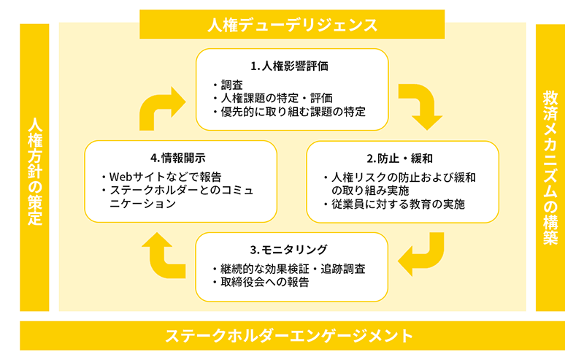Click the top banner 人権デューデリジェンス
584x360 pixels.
click(x=291, y=25)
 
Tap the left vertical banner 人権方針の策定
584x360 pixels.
click(x=34, y=169)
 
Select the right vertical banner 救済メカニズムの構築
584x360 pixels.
click(x=550, y=168)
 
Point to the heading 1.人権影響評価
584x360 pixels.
click(x=290, y=66)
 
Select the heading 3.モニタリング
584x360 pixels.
click(x=290, y=249)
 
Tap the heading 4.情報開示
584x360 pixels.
click(x=179, y=158)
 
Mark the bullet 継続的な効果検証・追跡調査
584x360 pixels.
click(x=291, y=268)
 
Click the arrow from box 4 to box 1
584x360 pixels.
click(x=162, y=106)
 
